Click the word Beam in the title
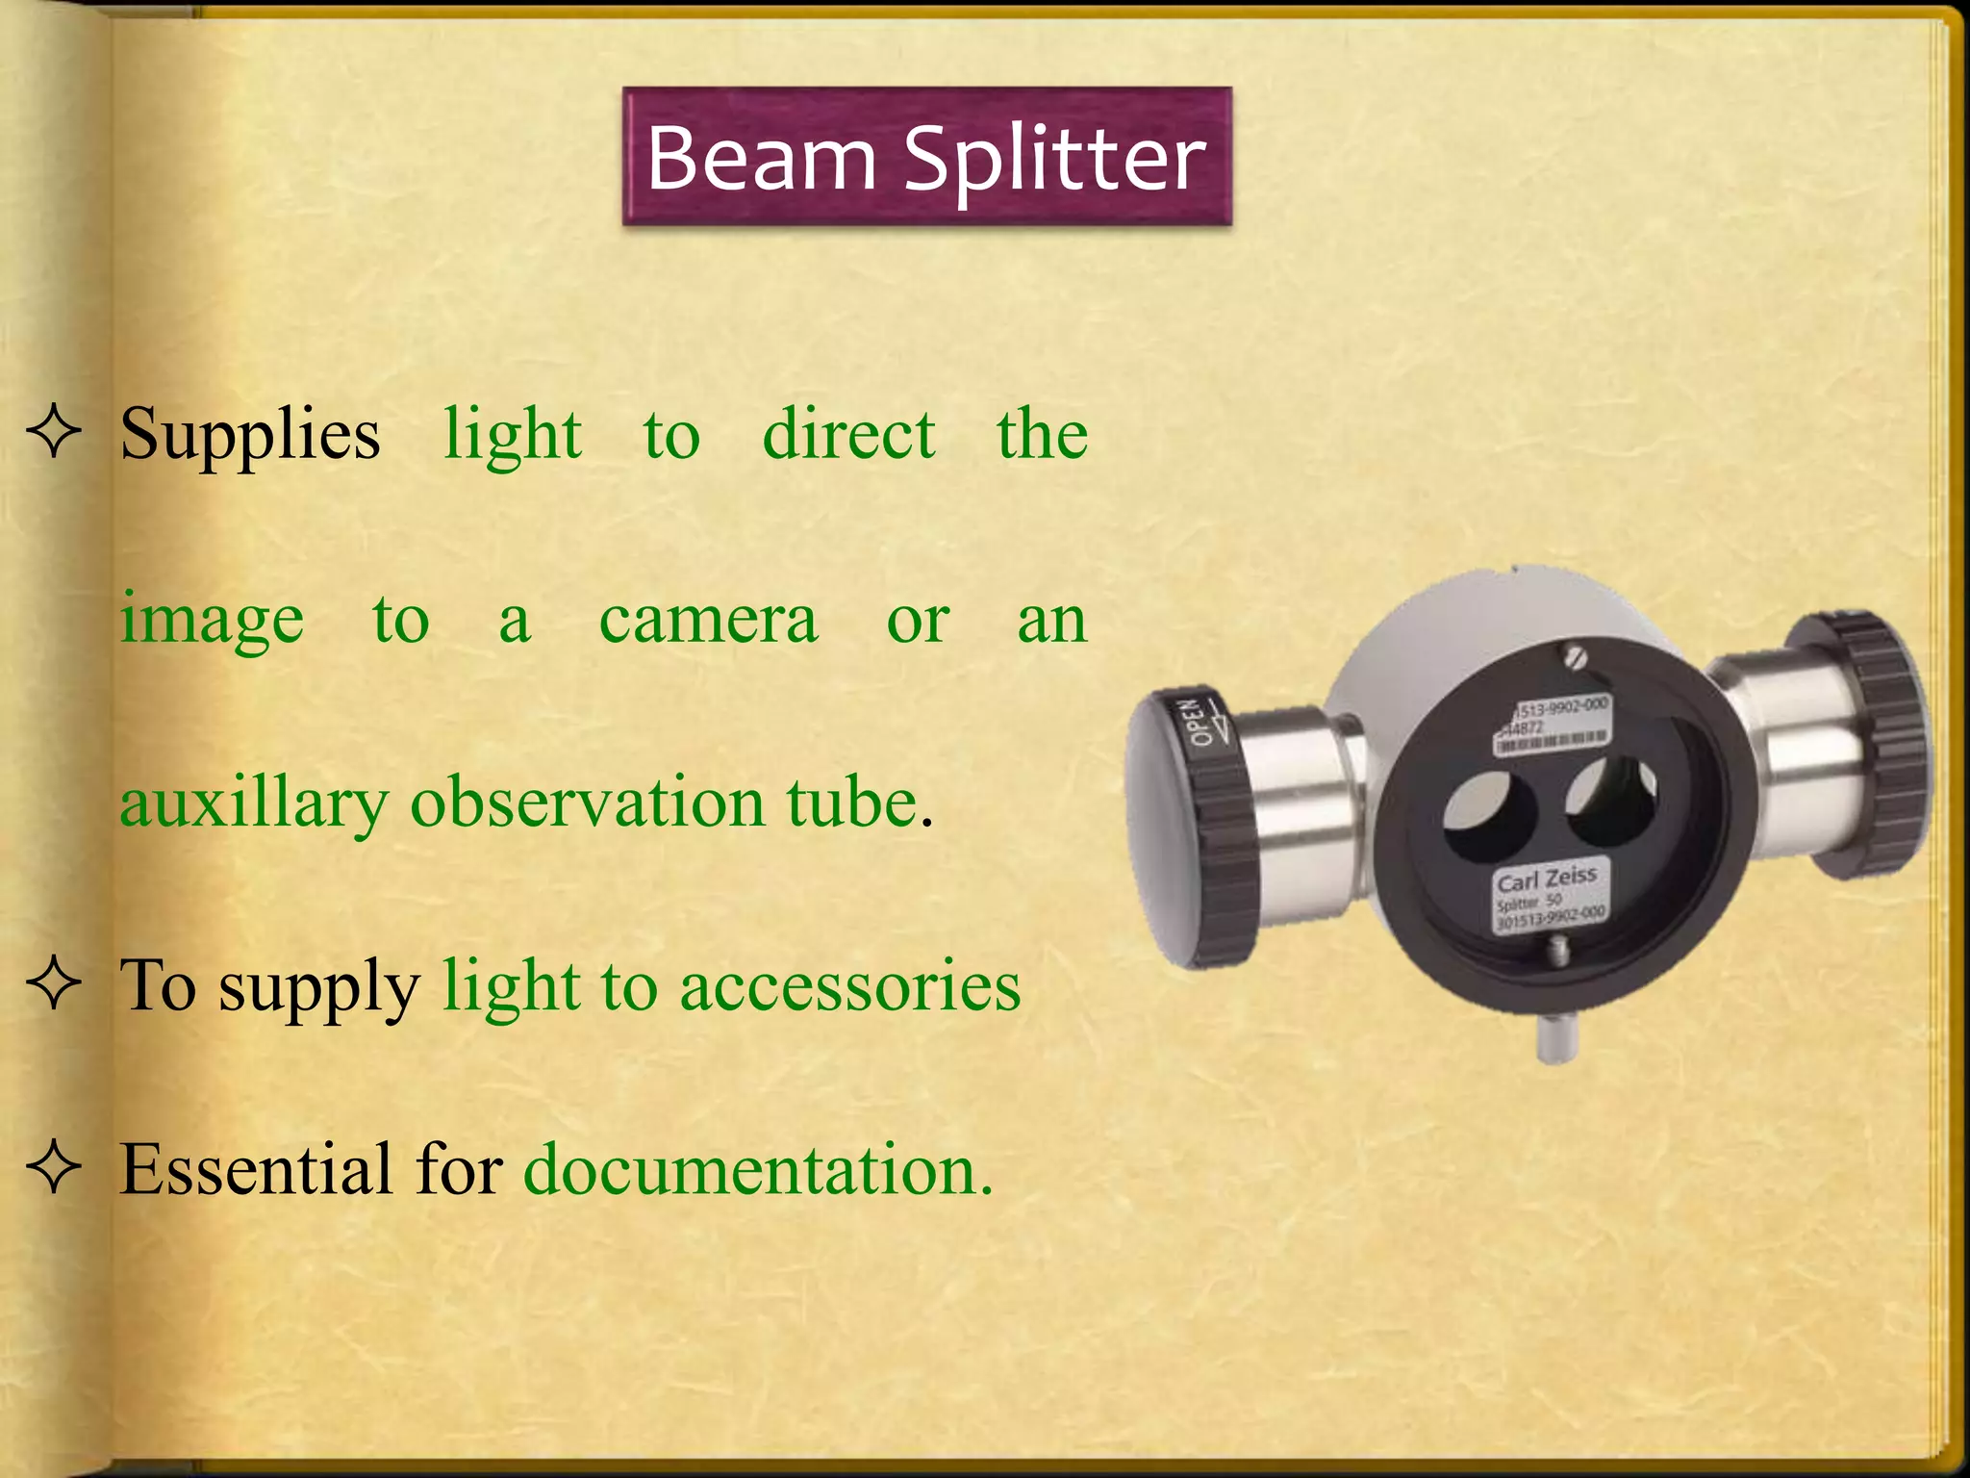click(x=760, y=158)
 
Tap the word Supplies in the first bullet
click(x=250, y=435)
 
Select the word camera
click(x=708, y=620)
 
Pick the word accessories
click(x=850, y=987)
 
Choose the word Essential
click(x=256, y=1170)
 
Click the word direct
click(x=848, y=435)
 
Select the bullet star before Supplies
click(x=54, y=433)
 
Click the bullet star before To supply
click(x=54, y=985)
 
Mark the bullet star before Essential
click(x=54, y=1168)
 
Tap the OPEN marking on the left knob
click(x=1202, y=722)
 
